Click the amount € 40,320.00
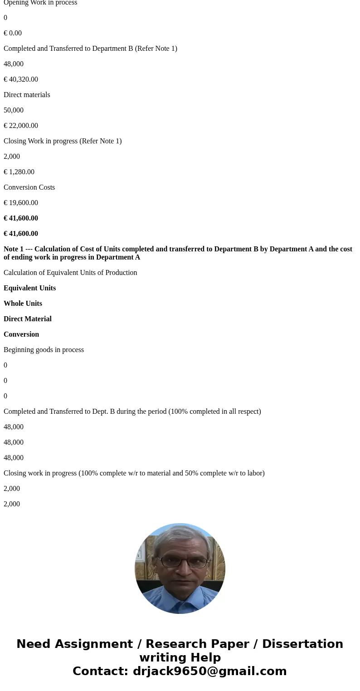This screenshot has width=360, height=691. tap(21, 79)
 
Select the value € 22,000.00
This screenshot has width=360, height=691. tap(21, 126)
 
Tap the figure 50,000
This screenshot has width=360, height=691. tap(14, 110)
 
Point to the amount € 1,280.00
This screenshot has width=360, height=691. tap(19, 172)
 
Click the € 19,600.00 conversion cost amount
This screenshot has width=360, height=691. tap(21, 203)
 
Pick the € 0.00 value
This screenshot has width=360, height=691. tap(13, 33)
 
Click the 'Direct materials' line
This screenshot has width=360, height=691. tap(27, 95)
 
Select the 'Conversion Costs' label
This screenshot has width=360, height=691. tap(29, 187)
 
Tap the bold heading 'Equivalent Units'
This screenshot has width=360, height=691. tap(29, 288)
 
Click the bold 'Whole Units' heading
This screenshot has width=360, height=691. tap(23, 304)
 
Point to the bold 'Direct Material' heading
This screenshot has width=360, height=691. tap(28, 319)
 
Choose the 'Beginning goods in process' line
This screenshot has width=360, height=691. tap(44, 350)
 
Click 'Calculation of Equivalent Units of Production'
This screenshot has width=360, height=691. tap(70, 273)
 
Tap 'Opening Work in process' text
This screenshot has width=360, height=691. tap(40, 3)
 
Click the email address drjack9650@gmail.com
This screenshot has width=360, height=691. tap(209, 671)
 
